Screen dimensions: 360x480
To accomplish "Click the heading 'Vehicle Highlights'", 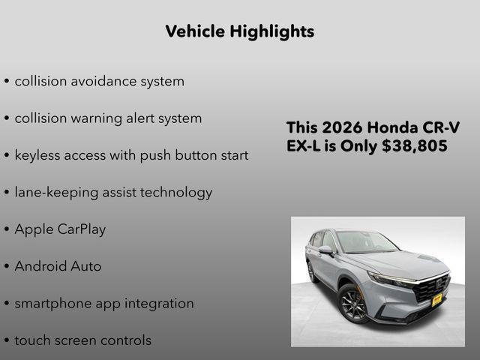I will [x=239, y=31].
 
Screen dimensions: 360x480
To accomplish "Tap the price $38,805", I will [x=414, y=146].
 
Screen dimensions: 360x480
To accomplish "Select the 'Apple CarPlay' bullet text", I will [x=60, y=229].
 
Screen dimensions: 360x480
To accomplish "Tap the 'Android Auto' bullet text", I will [x=58, y=266].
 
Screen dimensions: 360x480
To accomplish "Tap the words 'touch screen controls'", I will [x=82, y=340].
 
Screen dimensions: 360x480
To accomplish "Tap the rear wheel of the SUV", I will [x=311, y=272].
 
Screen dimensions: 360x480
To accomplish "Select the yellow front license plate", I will [x=436, y=300].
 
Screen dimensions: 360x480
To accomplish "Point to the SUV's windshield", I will [x=365, y=242].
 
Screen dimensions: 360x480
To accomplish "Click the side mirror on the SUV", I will [x=326, y=250].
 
